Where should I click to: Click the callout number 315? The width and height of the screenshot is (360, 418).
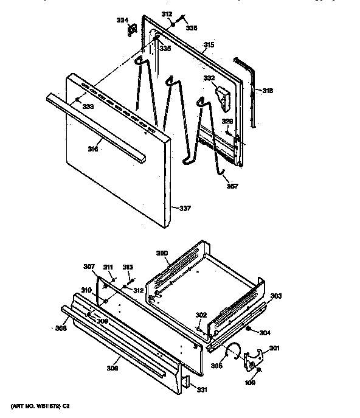(x=209, y=45)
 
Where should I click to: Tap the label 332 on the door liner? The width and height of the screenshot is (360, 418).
(x=209, y=78)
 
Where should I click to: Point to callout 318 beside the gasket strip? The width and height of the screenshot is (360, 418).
(x=268, y=91)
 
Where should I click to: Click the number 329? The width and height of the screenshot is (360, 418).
(x=226, y=122)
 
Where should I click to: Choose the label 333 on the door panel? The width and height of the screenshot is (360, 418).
(x=88, y=106)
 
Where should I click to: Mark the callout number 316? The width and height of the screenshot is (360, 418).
(x=93, y=148)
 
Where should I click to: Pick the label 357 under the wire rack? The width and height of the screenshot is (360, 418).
(x=232, y=187)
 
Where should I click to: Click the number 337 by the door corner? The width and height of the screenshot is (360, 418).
(x=185, y=209)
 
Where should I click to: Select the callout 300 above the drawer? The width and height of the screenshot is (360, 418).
(x=162, y=253)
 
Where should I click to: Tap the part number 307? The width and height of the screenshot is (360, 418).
(x=89, y=266)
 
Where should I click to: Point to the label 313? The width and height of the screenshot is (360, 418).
(x=128, y=266)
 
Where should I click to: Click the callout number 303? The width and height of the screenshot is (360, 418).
(x=276, y=296)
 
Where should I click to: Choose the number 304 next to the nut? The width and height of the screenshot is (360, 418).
(x=263, y=333)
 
